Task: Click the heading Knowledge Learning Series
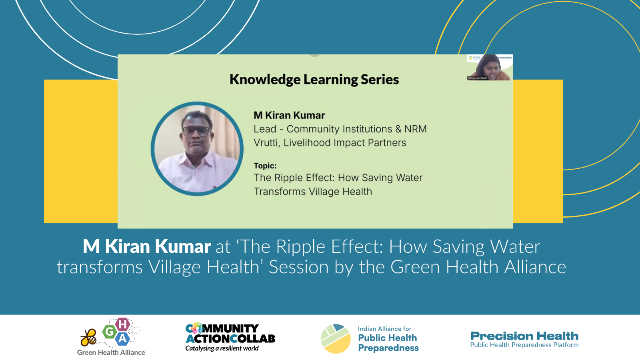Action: pyautogui.click(x=314, y=80)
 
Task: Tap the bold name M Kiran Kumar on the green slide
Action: pyautogui.click(x=289, y=115)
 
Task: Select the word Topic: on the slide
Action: pyautogui.click(x=265, y=166)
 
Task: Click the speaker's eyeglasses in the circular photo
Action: pyautogui.click(x=196, y=130)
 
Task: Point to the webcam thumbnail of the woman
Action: pyautogui.click(x=489, y=67)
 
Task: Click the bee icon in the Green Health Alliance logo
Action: pyautogui.click(x=88, y=338)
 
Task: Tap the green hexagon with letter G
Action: pyautogui.click(x=109, y=331)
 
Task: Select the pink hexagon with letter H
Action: pyautogui.click(x=122, y=324)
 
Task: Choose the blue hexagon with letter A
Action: pyautogui.click(x=122, y=339)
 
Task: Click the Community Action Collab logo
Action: pyautogui.click(x=230, y=334)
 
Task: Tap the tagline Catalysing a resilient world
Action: pyautogui.click(x=222, y=348)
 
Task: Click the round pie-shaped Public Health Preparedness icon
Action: pyautogui.click(x=336, y=338)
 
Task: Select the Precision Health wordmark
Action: pyautogui.click(x=524, y=336)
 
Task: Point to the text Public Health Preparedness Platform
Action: pyautogui.click(x=524, y=345)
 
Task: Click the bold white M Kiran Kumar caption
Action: pyautogui.click(x=147, y=246)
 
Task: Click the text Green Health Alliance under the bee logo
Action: pyautogui.click(x=111, y=352)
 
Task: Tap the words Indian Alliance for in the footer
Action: pyautogui.click(x=384, y=329)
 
